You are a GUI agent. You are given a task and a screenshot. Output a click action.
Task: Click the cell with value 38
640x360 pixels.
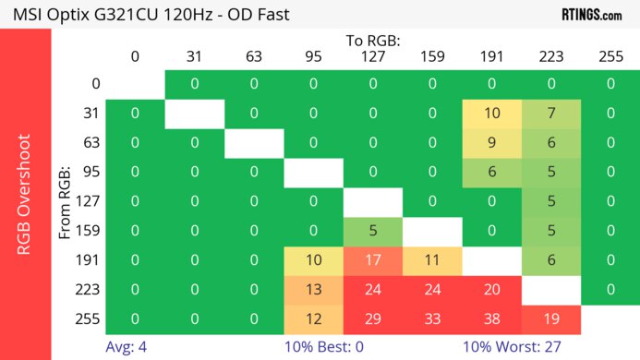coord(492,318)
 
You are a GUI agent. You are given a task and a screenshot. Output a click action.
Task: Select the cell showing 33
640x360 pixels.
coord(432,318)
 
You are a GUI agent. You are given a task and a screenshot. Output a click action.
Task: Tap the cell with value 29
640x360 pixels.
coord(373,318)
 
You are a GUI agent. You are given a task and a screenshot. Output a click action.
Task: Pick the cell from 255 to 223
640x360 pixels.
coord(551,318)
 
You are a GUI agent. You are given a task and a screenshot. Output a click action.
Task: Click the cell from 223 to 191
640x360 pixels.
coord(492,289)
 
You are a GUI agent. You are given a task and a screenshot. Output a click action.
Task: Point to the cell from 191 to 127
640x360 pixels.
coord(373,259)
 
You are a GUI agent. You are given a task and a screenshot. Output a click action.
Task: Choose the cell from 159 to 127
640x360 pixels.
coord(373,230)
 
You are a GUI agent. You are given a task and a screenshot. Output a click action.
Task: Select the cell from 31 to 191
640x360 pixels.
coord(492,113)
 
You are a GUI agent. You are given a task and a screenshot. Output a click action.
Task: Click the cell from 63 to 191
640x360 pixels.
coord(492,142)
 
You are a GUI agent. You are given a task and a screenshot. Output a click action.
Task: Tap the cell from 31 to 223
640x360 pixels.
coord(551,113)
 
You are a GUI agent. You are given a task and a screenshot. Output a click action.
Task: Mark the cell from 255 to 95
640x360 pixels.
coord(313,318)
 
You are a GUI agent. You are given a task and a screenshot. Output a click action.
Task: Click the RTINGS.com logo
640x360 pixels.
coord(591,14)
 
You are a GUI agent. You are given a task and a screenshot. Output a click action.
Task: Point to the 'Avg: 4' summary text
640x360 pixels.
coord(127,347)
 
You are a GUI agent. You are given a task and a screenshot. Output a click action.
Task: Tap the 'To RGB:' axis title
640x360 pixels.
coord(373,41)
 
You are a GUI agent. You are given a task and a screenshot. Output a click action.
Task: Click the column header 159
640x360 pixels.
coord(432,56)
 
